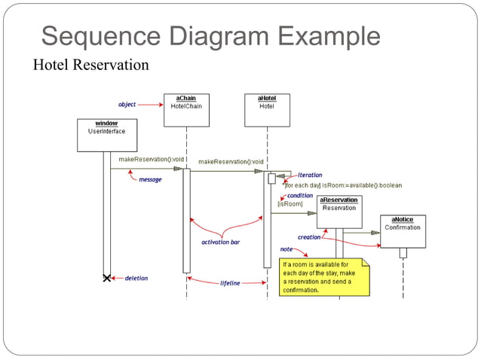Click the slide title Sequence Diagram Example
coord(210,35)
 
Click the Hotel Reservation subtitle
coord(90,65)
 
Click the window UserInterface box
coord(106,135)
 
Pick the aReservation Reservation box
coord(339,212)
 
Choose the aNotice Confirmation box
coord(403,231)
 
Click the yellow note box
coord(325,276)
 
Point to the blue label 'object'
coord(127,104)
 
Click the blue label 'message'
coord(150,179)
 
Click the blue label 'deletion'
coord(136,278)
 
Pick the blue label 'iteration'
coord(310,175)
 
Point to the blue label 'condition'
coord(300,195)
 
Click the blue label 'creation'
coord(309,236)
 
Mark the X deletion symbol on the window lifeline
coord(107,278)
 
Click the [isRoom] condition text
coord(290,203)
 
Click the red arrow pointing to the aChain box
coord(151,104)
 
